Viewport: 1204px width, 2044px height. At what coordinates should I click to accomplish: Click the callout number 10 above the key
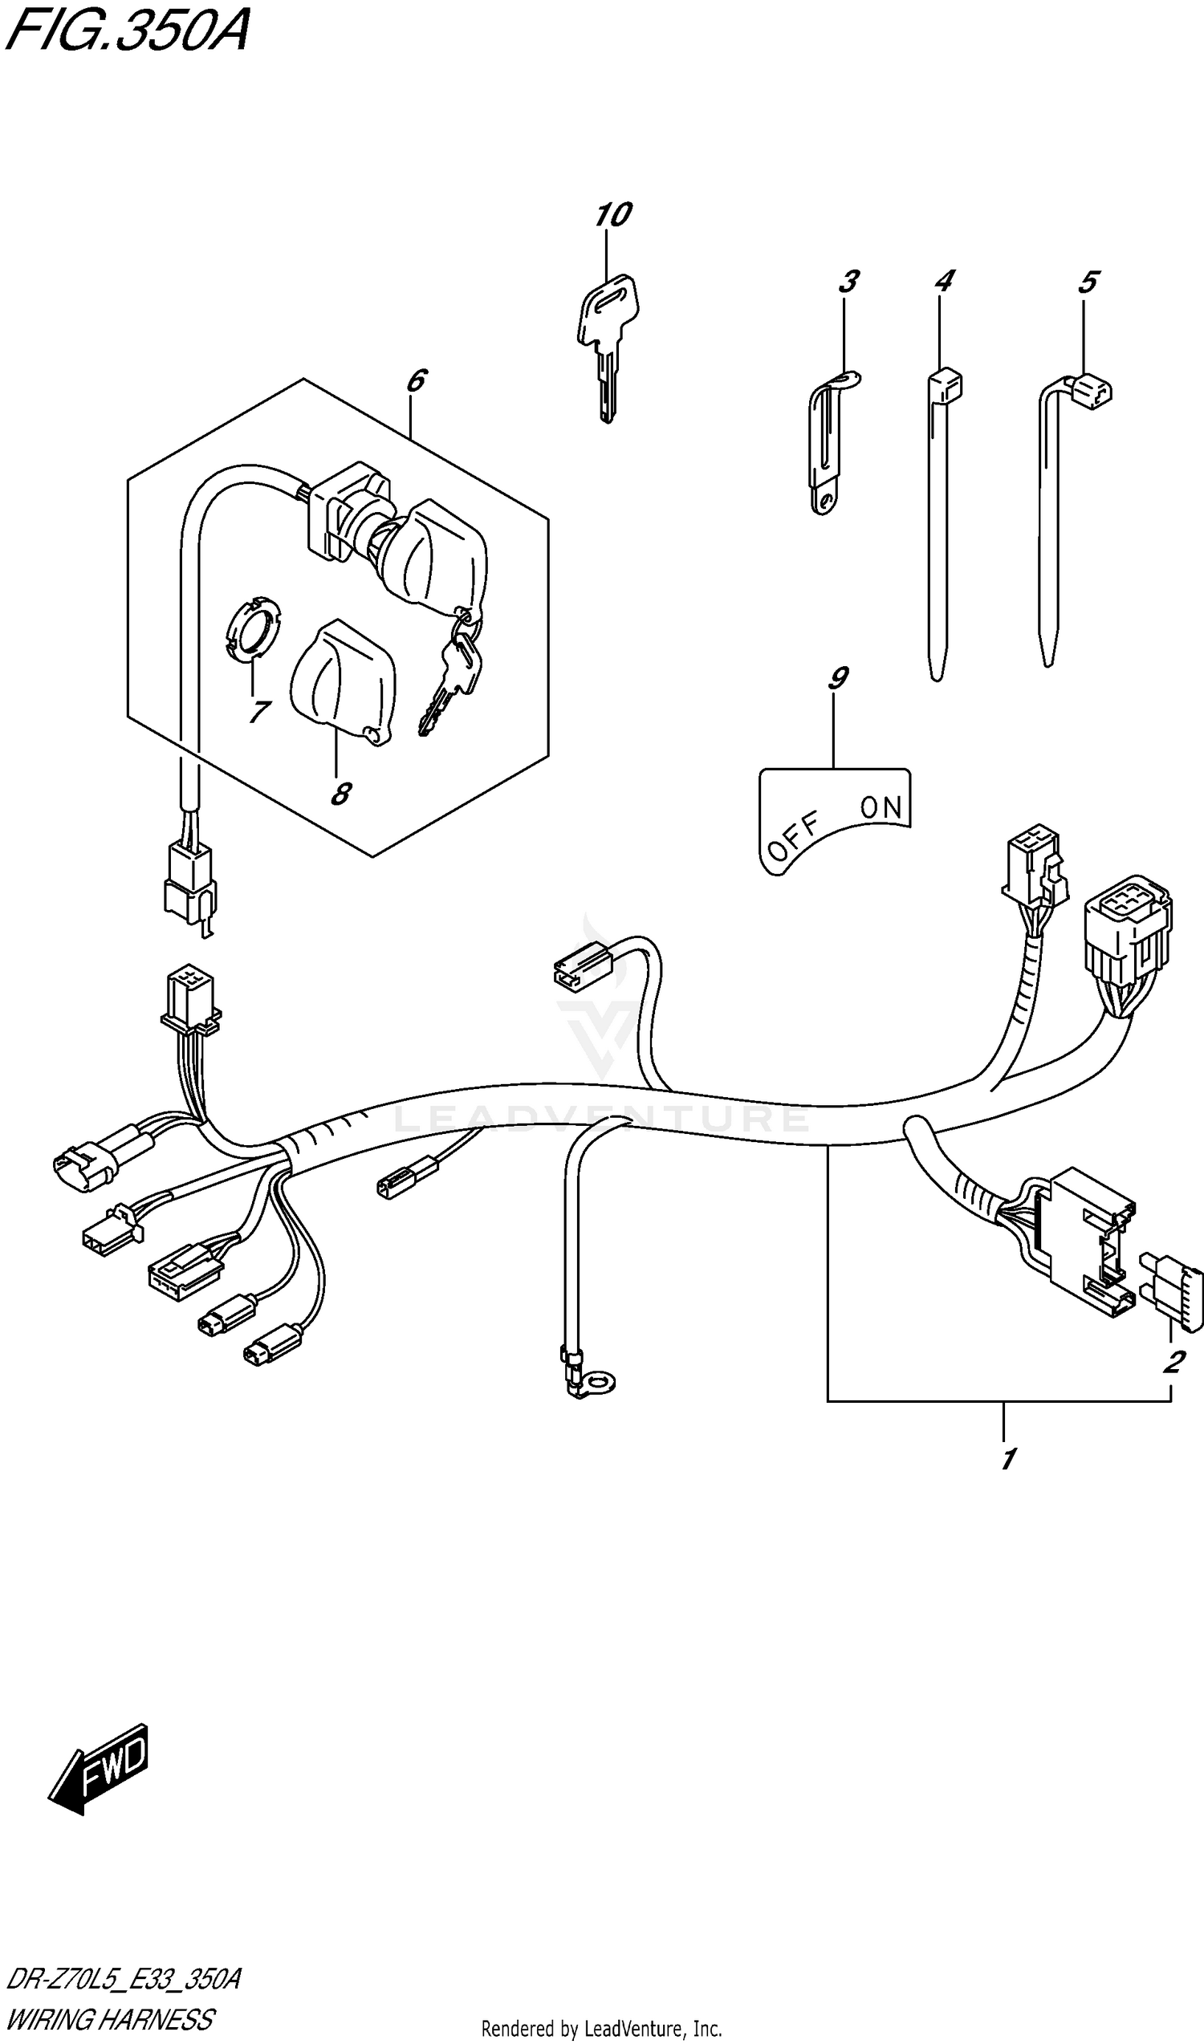coord(612,215)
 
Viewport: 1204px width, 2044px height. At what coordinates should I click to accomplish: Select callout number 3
coord(848,282)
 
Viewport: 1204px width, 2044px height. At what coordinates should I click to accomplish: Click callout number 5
coord(1088,282)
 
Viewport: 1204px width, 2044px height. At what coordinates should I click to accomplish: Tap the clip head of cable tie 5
coord(1092,392)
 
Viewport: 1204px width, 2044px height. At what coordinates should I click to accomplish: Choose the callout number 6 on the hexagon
coord(416,380)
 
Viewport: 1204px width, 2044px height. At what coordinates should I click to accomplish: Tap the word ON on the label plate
coord(881,807)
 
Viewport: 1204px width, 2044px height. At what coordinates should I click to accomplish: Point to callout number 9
coord(838,677)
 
